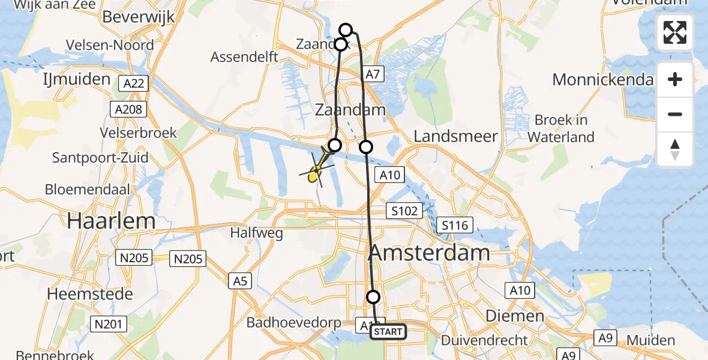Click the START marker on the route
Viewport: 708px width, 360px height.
click(x=388, y=332)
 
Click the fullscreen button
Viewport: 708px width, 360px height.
click(x=675, y=32)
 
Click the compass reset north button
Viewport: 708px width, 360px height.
click(x=675, y=149)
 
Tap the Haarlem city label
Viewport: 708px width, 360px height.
click(x=111, y=221)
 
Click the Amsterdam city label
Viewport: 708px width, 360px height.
click(x=429, y=253)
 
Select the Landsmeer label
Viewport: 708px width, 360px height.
click(x=456, y=136)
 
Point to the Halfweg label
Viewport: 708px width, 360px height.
click(x=257, y=233)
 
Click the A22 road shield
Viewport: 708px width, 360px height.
click(x=133, y=83)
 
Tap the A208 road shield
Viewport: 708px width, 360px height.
click(x=128, y=109)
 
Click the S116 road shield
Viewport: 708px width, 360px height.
click(x=456, y=226)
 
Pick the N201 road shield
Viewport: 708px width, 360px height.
click(x=108, y=325)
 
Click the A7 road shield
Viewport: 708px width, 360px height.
click(x=373, y=74)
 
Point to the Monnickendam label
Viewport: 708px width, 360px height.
click(x=602, y=79)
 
